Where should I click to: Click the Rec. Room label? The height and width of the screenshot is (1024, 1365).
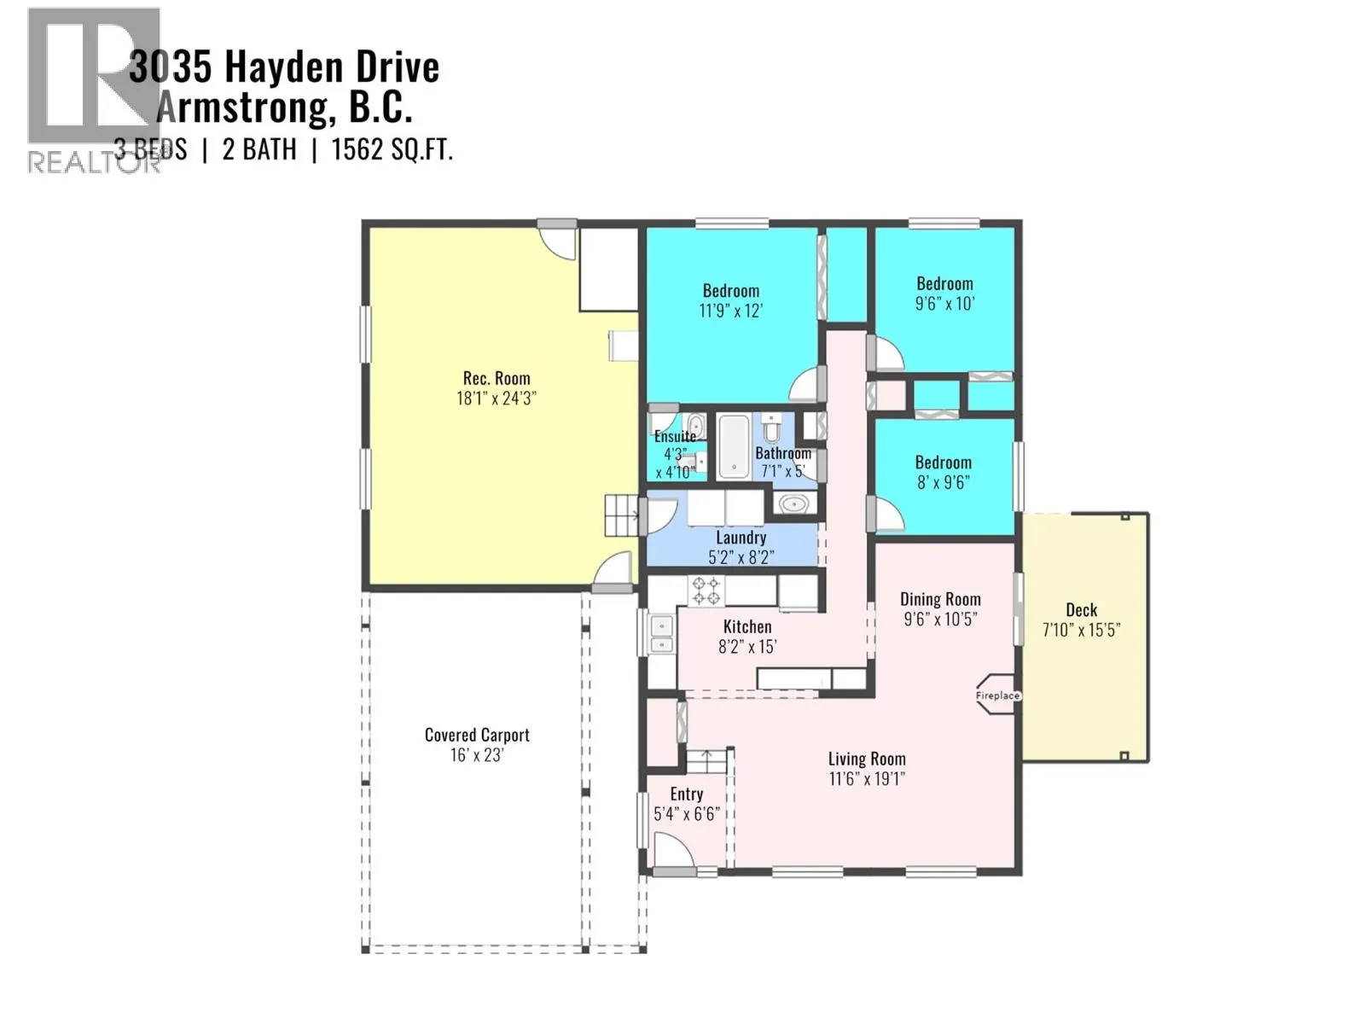[x=497, y=378]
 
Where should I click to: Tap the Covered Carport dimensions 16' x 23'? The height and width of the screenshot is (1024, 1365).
[x=477, y=755]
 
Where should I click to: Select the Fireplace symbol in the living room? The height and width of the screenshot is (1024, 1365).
[x=996, y=695]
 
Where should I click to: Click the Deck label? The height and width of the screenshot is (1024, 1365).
[x=1081, y=610]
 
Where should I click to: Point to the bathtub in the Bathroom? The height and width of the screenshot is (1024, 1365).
[x=733, y=445]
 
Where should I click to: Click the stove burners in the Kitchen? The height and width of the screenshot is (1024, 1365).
[x=706, y=591]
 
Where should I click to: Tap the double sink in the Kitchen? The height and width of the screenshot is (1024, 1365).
[x=661, y=635]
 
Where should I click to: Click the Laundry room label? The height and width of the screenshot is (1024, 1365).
[x=741, y=538]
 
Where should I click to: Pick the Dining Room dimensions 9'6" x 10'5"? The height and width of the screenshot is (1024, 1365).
[x=940, y=620]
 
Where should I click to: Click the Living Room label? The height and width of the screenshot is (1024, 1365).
[x=867, y=759]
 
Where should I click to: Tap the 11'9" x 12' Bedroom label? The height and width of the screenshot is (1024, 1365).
[x=731, y=291]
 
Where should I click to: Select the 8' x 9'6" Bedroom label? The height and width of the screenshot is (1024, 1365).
[x=943, y=463]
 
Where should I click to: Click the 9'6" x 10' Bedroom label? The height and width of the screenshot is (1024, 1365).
[x=944, y=284]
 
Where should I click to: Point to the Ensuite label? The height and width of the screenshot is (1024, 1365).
[x=675, y=436]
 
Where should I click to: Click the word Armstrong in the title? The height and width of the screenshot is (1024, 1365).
[x=242, y=108]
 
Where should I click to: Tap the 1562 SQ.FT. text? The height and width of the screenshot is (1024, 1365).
[x=392, y=150]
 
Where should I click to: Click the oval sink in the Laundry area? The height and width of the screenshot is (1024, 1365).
[x=794, y=504]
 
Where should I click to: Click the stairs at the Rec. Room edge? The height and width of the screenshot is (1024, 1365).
[x=622, y=515]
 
